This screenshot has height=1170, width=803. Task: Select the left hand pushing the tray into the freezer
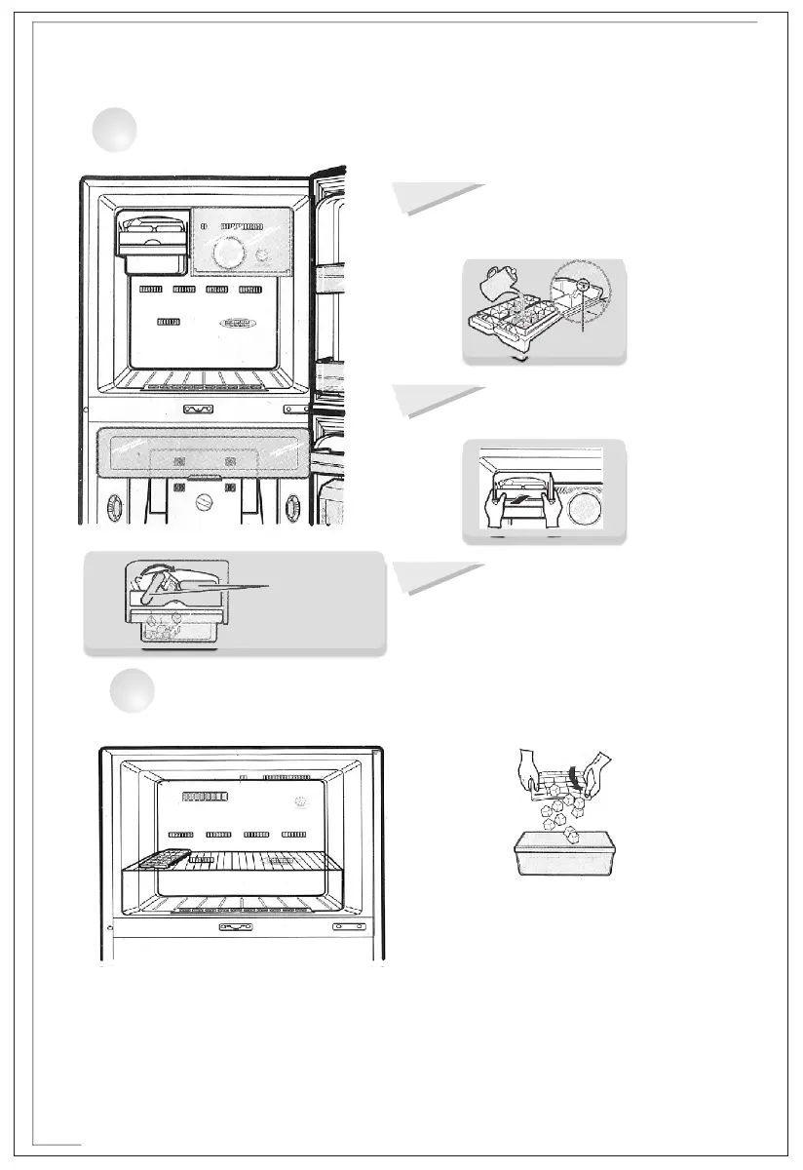click(493, 507)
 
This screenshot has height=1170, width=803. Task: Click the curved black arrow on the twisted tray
click(587, 778)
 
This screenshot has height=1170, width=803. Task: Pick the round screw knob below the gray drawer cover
click(205, 505)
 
